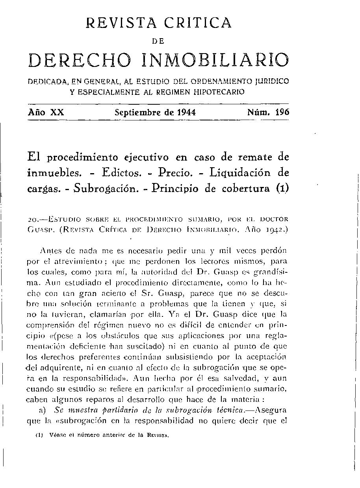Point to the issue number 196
pos(282,112)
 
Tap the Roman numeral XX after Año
pos(57,112)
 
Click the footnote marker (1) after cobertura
pos(282,188)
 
